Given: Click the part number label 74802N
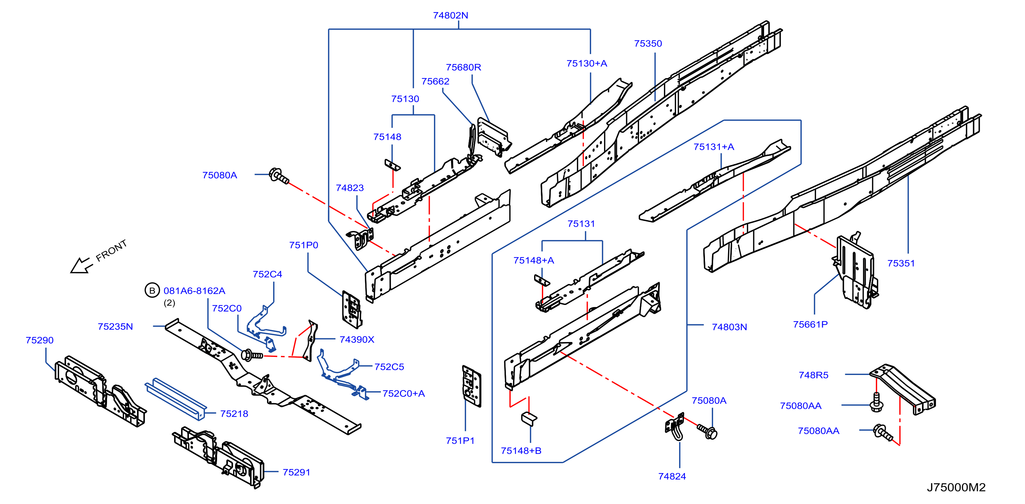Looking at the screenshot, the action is pos(450,16).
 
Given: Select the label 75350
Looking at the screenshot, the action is pos(648,44).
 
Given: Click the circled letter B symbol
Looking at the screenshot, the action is pos(152,291).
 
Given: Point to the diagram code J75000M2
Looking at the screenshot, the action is pos(956,487).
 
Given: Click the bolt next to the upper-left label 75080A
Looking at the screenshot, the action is pos(279,176).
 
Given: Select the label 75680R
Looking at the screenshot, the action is pos(463,68).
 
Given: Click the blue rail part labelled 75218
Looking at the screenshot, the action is pos(175,398).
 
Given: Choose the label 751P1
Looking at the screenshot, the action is pos(460,441).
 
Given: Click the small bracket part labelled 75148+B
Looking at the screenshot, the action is pos(529,419).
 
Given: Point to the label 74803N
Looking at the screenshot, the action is pos(729,327).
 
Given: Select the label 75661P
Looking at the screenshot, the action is pos(810,325).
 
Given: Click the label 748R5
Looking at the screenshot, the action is pos(813,375).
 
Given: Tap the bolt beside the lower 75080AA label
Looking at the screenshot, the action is pos(883,433).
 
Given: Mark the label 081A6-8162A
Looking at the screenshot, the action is pos(194,291).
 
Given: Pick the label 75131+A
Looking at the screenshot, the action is pos(713,147).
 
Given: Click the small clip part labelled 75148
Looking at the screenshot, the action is pos(392,165).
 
